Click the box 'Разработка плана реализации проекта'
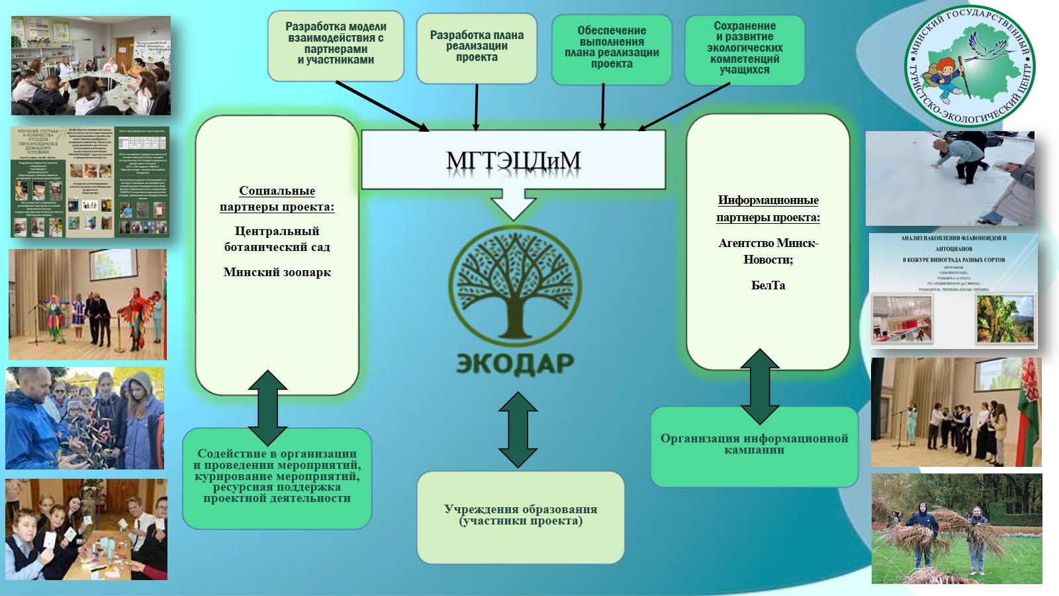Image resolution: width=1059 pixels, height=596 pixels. pyautogui.click(x=477, y=48)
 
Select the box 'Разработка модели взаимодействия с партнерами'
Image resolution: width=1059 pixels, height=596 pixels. pyautogui.click(x=336, y=45)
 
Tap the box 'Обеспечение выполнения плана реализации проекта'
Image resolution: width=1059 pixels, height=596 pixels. pyautogui.click(x=612, y=49)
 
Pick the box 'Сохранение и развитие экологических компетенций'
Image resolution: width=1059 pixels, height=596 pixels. pyautogui.click(x=745, y=49)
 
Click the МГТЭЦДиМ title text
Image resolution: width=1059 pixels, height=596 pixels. pyautogui.click(x=513, y=160)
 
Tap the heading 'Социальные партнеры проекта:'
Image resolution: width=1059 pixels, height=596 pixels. pyautogui.click(x=277, y=199)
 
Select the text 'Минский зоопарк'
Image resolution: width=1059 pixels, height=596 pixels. pyautogui.click(x=277, y=272)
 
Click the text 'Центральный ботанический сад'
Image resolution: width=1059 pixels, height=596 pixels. pyautogui.click(x=277, y=239)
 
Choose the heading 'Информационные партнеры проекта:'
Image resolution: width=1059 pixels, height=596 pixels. pyautogui.click(x=768, y=209)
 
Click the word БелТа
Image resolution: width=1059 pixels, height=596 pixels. pyautogui.click(x=768, y=285)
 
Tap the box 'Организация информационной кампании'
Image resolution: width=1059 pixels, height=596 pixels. pyautogui.click(x=754, y=446)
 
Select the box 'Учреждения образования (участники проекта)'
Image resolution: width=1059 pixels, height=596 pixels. pyautogui.click(x=520, y=516)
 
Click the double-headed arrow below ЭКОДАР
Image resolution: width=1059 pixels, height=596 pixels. pyautogui.click(x=518, y=430)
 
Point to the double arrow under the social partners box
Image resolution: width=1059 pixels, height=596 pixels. pyautogui.click(x=267, y=407)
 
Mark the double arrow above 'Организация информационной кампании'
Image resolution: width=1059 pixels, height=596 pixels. pyautogui.click(x=760, y=387)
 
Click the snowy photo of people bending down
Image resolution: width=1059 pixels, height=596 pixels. pyautogui.click(x=950, y=178)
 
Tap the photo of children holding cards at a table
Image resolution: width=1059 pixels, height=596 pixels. pyautogui.click(x=86, y=530)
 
